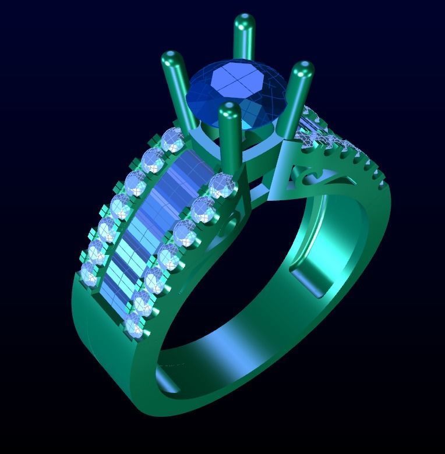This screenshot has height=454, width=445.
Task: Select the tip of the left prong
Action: [171, 59]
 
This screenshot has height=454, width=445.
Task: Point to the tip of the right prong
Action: [302, 71]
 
